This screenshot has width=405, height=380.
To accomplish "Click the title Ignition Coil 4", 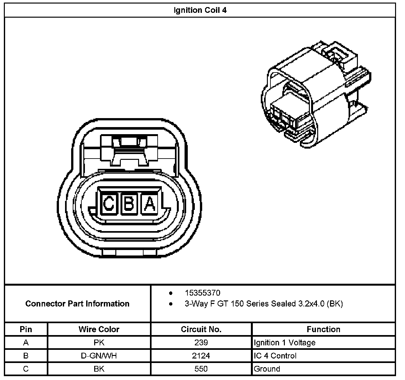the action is tap(200, 10).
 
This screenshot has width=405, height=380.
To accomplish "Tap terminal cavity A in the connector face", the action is tap(150, 204).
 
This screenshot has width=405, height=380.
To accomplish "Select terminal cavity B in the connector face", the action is tap(129, 204).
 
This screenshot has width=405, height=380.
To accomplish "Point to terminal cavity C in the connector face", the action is tap(109, 204).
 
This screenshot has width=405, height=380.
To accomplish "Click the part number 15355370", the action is tap(202, 293).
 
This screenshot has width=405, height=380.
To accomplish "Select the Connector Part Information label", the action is tap(77, 304).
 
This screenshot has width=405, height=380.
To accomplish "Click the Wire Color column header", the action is tap(99, 329).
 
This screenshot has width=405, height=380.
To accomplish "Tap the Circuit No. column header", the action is tap(201, 329).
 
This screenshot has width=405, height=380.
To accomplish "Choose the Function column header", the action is tap(323, 329).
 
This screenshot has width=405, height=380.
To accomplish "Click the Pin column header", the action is tap(26, 329).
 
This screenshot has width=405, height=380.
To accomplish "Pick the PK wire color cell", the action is tap(99, 343).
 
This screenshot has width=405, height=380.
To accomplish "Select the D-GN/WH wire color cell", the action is tap(99, 356).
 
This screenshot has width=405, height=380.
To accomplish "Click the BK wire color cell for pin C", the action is tap(99, 369).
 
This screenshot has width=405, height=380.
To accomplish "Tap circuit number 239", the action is tap(201, 343).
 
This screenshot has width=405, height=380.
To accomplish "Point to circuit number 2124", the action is tap(201, 356).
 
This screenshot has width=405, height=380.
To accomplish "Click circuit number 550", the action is tap(201, 369).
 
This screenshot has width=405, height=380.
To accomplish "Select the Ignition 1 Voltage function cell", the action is tap(285, 343).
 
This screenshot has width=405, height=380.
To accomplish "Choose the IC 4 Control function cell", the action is tap(275, 356).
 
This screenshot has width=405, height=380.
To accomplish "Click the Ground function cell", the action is tap(267, 369).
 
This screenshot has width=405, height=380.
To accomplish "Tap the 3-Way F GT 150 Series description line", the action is tap(263, 304).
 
